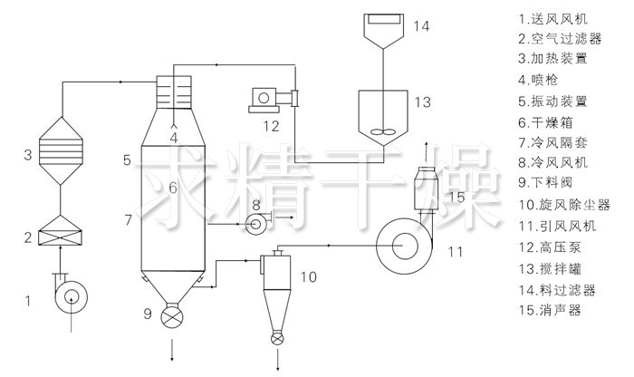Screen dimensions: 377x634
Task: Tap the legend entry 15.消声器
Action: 551,309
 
